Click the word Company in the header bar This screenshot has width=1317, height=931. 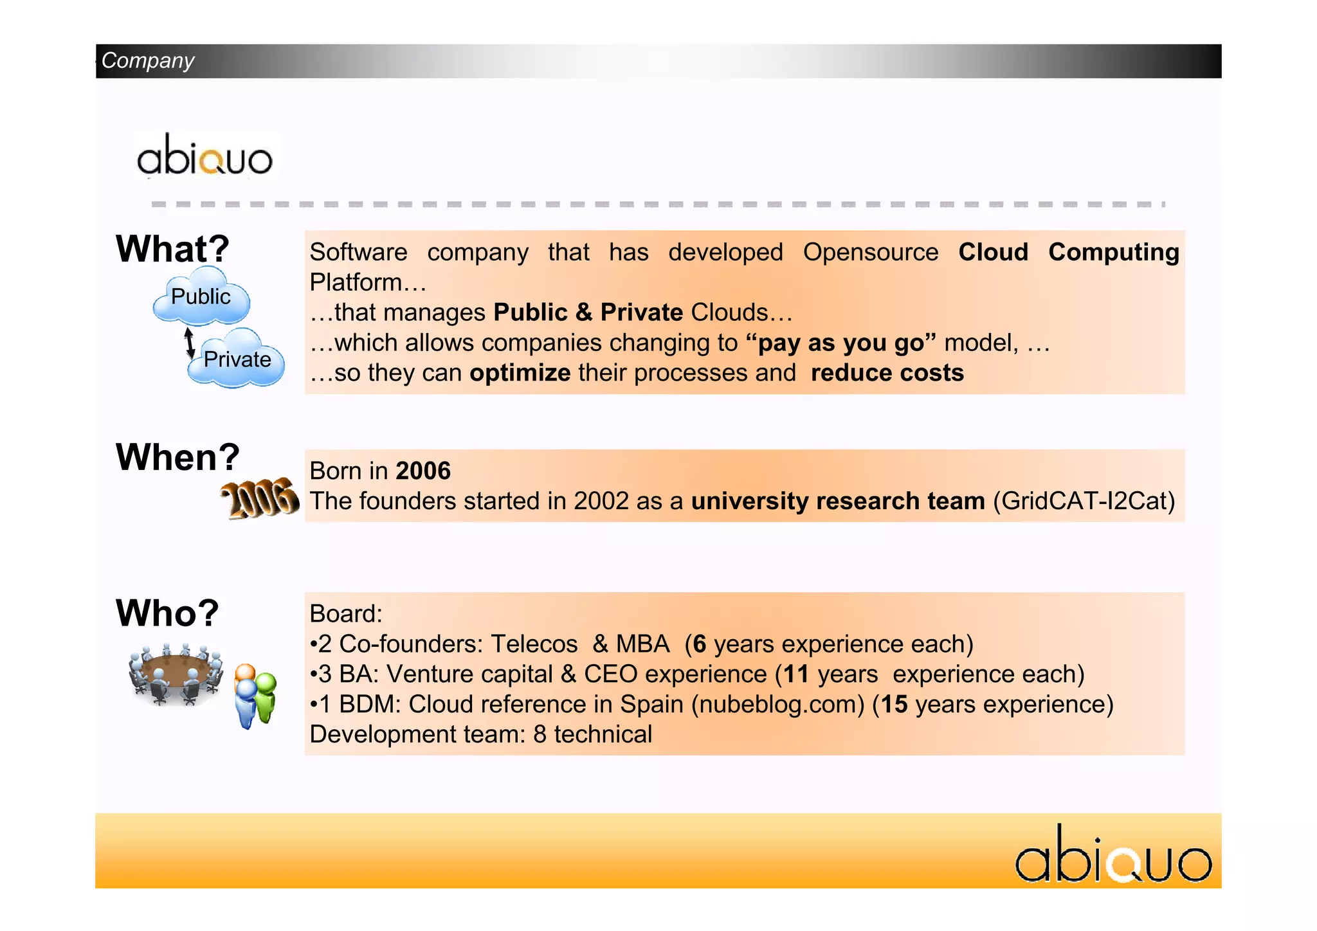148,60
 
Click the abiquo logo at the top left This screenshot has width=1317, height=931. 204,156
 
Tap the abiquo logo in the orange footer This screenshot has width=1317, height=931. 1113,856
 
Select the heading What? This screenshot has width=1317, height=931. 172,249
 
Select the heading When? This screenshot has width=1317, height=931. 177,457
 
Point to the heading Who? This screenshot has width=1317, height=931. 167,613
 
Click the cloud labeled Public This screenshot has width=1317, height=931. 201,297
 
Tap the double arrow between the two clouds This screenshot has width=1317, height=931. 189,342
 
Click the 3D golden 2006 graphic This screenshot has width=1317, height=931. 260,499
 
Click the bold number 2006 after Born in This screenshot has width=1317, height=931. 423,471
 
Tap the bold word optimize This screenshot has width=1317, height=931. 520,373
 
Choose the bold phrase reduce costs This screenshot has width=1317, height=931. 887,373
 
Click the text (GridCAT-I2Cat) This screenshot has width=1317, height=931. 1084,501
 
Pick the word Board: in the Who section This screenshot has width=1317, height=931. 346,614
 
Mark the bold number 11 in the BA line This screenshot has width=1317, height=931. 795,674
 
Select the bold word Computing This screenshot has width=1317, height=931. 1113,252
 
